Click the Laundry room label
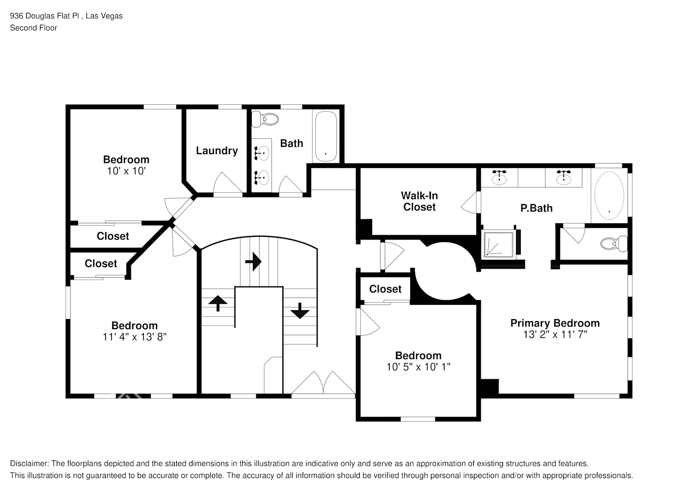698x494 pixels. (217, 151)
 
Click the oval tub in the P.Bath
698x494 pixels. (609, 196)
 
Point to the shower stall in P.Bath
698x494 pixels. (498, 244)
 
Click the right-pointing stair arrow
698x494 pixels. (253, 261)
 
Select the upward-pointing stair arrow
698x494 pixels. (218, 302)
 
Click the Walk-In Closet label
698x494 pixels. (419, 202)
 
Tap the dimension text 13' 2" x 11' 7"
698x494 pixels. (555, 334)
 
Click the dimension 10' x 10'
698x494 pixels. (126, 171)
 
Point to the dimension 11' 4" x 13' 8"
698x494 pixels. (134, 337)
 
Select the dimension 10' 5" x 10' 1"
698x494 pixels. (418, 367)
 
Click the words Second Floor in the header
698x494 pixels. (34, 28)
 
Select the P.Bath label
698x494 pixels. (536, 208)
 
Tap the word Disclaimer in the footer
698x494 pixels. (29, 463)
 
